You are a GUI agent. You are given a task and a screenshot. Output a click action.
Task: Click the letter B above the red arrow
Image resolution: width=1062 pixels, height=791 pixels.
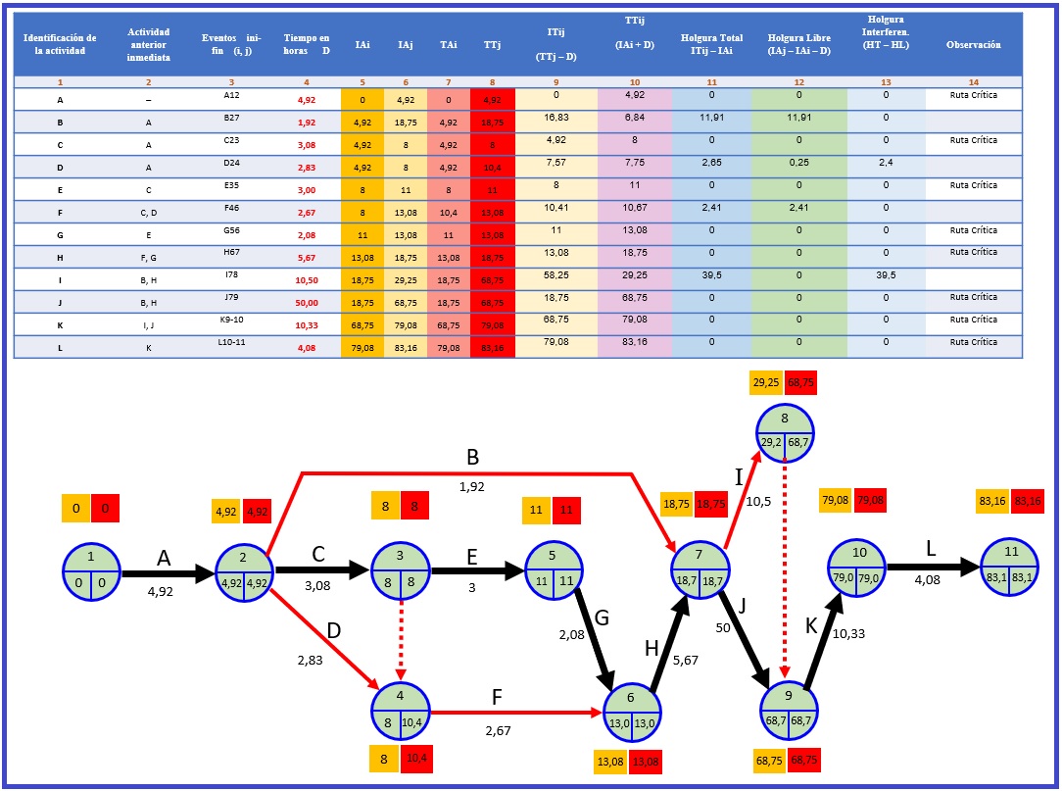click(x=471, y=458)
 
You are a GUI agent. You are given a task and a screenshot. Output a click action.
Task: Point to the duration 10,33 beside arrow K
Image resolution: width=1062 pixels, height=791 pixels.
click(x=847, y=634)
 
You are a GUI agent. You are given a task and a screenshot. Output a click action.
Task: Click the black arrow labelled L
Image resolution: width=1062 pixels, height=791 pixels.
click(x=932, y=568)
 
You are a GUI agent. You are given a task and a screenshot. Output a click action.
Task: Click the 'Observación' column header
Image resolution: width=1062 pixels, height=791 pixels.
click(x=973, y=45)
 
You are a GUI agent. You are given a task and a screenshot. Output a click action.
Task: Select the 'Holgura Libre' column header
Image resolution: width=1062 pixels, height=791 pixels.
click(x=798, y=45)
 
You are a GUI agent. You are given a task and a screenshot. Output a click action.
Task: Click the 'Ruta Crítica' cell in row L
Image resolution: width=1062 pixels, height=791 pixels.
click(x=973, y=342)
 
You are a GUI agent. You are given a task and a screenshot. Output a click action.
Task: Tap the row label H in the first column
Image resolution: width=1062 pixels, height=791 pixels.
click(x=61, y=253)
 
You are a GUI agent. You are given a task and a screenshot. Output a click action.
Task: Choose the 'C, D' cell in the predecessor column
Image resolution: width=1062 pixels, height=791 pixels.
click(x=148, y=208)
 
